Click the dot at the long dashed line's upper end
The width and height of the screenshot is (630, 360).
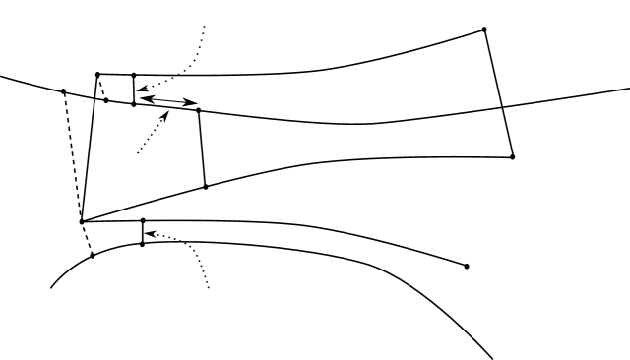(63, 91)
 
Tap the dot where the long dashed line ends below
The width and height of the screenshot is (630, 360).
(93, 255)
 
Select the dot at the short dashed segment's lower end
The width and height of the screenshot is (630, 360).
(106, 100)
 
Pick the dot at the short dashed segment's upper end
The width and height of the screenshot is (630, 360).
(97, 74)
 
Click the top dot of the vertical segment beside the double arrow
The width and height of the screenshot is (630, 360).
(134, 75)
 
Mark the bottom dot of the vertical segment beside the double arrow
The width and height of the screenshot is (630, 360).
(134, 103)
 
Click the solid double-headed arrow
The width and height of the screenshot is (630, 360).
(167, 99)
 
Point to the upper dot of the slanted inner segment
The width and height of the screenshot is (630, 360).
(199, 110)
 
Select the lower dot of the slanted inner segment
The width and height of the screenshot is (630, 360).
(205, 186)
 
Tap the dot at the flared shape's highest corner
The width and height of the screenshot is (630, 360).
(484, 30)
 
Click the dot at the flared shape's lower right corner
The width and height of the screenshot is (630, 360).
(513, 156)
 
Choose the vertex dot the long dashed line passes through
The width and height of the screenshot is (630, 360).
(82, 221)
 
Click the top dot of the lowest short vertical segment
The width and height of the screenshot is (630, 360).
(143, 220)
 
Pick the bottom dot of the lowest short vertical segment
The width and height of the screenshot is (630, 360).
(143, 243)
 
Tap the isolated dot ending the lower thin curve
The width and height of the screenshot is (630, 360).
(466, 266)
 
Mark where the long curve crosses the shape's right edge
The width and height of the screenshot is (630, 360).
(502, 107)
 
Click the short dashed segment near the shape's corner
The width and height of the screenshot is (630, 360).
(102, 88)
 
